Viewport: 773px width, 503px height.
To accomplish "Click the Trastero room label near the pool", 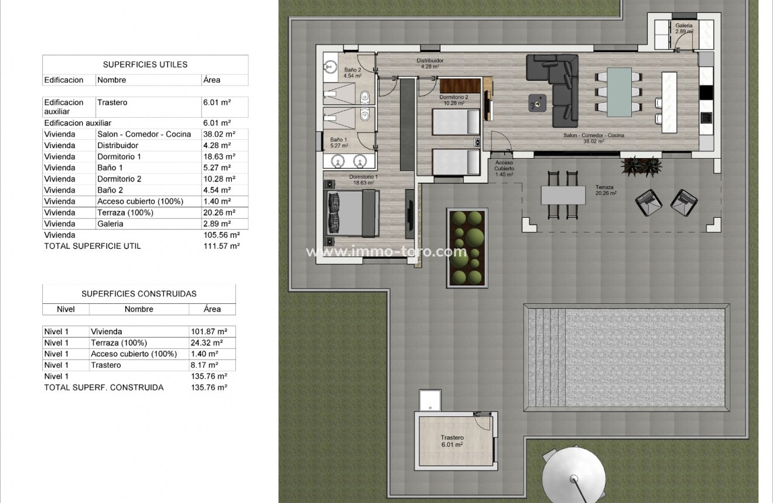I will coord(452,441).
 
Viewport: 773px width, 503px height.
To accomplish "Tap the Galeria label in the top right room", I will coord(684,28).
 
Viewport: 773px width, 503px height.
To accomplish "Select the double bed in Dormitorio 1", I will coord(350,214).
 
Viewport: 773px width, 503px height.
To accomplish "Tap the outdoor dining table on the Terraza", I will coord(563,194).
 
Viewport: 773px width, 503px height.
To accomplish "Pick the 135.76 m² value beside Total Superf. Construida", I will coord(209,387).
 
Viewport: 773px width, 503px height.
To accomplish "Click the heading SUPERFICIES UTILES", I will coord(145,64).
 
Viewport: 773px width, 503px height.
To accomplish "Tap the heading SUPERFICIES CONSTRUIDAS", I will coord(139,294).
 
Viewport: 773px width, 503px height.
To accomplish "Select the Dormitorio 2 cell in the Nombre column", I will coord(119,179).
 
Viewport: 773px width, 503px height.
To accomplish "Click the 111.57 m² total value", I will coord(221,247).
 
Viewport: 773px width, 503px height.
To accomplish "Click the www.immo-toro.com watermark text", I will coord(386,252).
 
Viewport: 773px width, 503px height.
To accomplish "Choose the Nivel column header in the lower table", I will coord(66,309).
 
